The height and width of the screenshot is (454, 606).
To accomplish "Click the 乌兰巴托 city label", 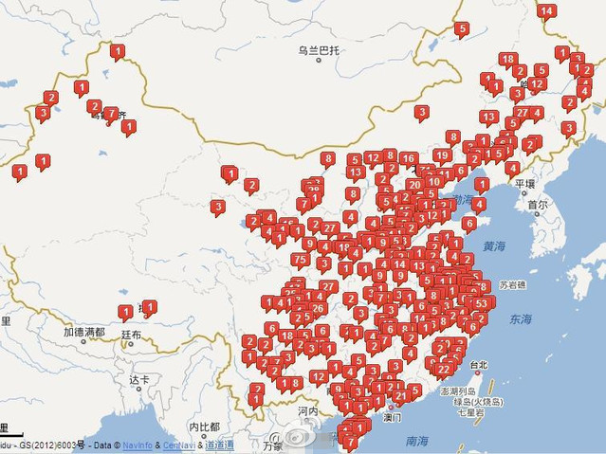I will tap(319, 50).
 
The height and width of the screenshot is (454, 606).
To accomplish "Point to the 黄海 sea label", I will tap(493, 245).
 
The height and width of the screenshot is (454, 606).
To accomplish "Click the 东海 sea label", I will tap(520, 320).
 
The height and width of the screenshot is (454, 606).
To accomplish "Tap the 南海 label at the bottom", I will tap(416, 441).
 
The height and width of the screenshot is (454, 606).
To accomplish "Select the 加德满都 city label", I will tap(84, 333).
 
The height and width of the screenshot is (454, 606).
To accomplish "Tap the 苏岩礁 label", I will tap(513, 284).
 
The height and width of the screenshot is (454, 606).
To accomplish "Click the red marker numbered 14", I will tap(545, 11).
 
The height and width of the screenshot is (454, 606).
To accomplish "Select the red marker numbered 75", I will tap(300, 260).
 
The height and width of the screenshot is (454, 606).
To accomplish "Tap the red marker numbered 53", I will tap(481, 303).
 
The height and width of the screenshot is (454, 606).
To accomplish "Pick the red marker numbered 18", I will tap(507, 60).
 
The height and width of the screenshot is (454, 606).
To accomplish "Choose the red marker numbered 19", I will tap(442, 154).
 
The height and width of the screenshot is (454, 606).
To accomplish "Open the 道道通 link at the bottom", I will tap(219, 445).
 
